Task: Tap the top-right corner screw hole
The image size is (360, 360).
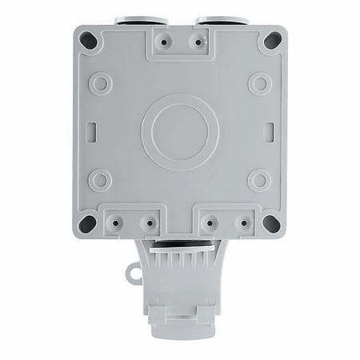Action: click(x=271, y=39)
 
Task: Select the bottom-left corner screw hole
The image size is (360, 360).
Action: click(x=90, y=222)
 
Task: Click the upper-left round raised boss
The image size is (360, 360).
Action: click(x=100, y=82)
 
